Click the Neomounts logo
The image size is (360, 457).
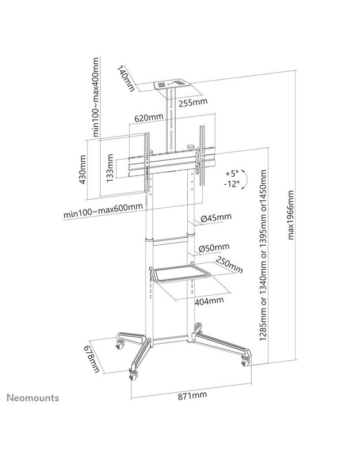point(33,398)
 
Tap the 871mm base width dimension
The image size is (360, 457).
point(192,395)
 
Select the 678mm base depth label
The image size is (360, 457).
point(92,359)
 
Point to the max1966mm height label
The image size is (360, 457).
point(290,215)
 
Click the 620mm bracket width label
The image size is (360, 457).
point(149,118)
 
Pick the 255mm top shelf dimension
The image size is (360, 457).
point(193,102)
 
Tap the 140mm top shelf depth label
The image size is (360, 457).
point(126,78)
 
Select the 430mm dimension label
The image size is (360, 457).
point(82,170)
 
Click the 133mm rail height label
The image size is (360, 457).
point(110,168)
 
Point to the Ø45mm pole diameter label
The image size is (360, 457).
point(216,218)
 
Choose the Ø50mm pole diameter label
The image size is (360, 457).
point(214,247)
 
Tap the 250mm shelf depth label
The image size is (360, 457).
point(229,265)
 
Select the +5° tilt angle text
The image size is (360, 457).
point(232,174)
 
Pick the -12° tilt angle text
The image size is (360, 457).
point(232,184)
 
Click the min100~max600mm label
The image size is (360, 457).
point(103,211)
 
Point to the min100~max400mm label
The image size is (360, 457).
point(96,97)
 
